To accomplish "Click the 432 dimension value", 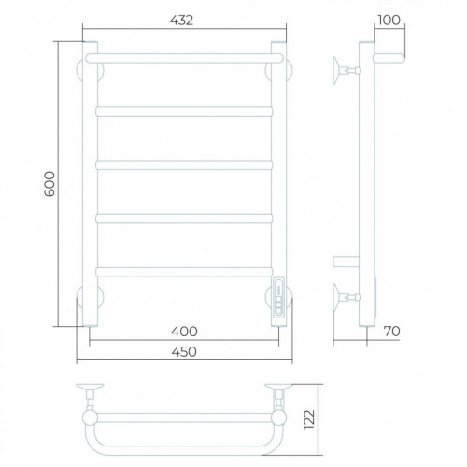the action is (x=181, y=21).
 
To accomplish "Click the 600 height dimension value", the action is (x=50, y=184).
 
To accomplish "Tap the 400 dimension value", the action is (x=184, y=332).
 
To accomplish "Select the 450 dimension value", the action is (x=184, y=352).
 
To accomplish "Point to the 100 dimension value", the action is (x=389, y=21).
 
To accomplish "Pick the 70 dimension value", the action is (x=391, y=332).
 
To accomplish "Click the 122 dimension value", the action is (x=309, y=419).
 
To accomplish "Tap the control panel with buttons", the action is (x=279, y=297).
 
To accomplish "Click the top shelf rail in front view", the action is (x=184, y=58).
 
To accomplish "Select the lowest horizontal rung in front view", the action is (x=184, y=272).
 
